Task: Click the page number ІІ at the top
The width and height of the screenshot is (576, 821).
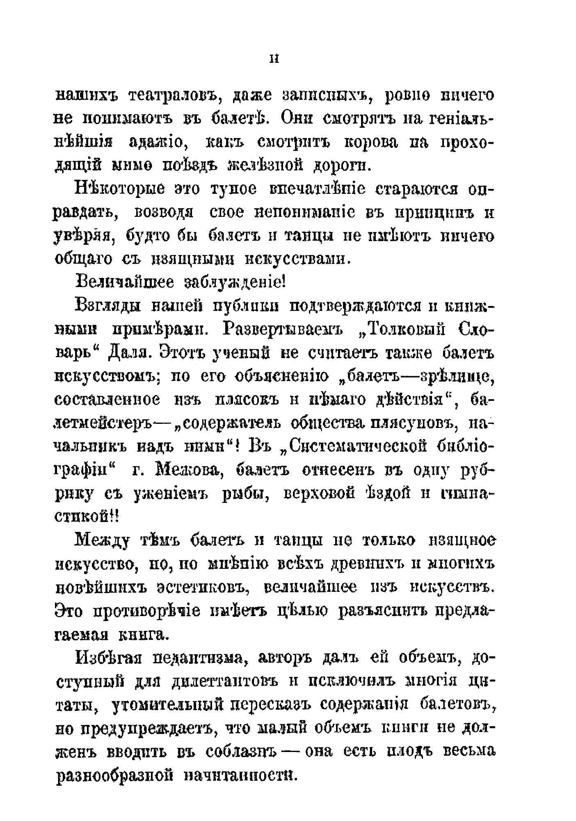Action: point(274,59)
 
